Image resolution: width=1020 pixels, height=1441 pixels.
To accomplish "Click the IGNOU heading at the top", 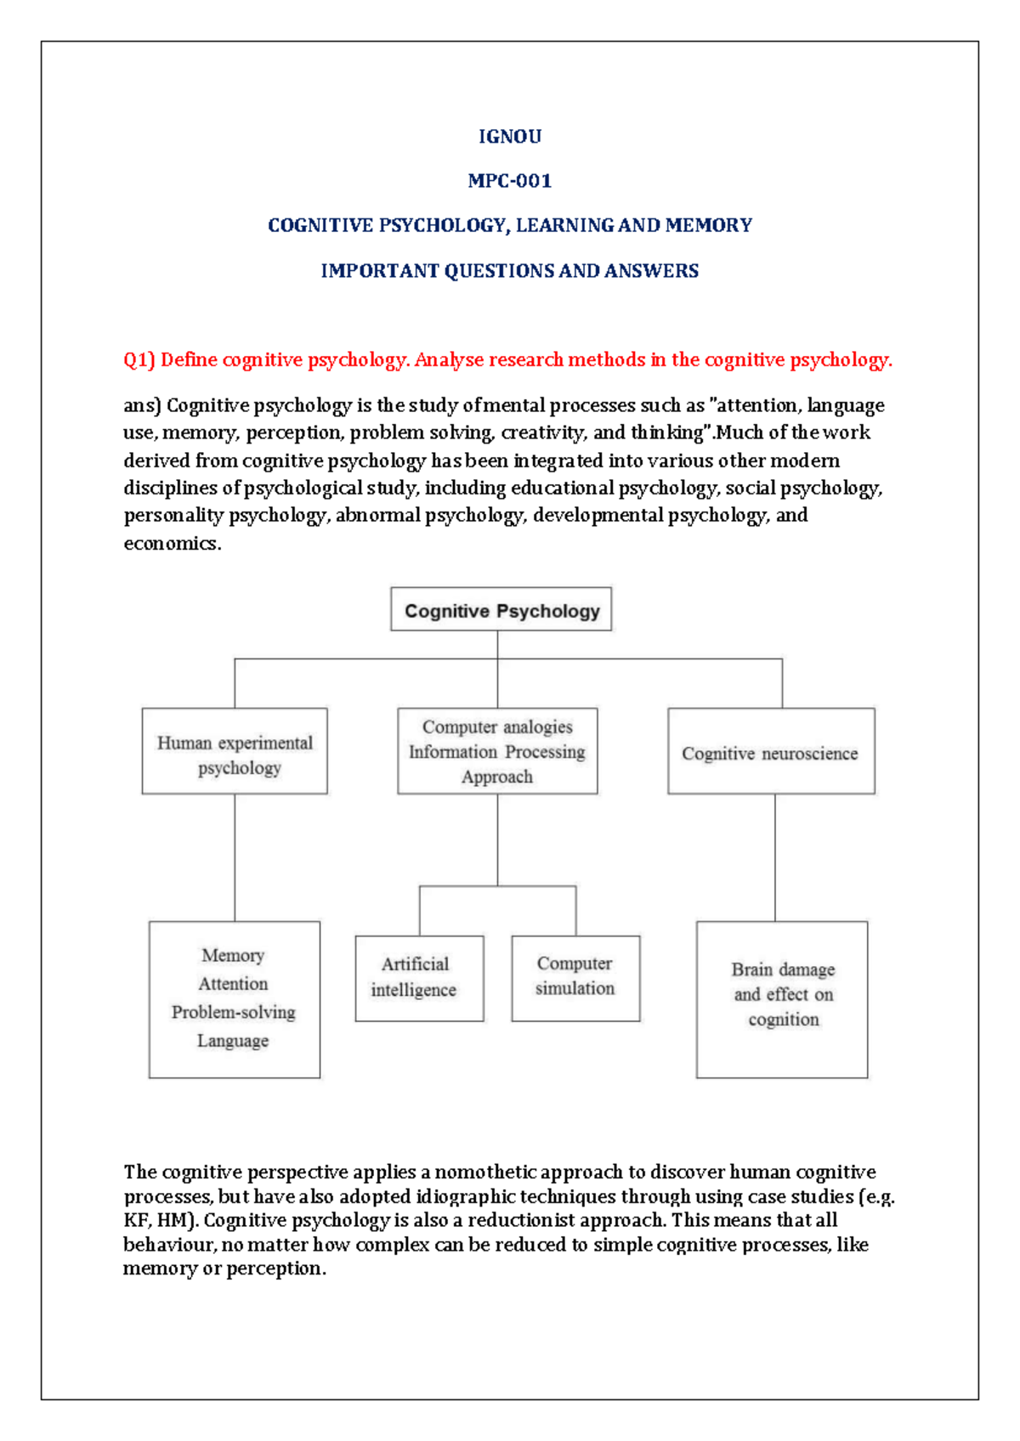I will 509,136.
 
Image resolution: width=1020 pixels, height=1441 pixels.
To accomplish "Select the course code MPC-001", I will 509,180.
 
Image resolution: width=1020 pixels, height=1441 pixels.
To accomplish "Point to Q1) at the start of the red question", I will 139,359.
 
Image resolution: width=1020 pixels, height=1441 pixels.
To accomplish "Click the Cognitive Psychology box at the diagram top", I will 501,610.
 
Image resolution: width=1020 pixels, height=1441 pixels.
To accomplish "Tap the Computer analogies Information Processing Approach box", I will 497,752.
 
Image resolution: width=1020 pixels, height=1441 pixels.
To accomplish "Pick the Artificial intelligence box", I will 419,978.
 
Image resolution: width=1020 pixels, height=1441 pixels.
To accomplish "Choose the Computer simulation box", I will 575,977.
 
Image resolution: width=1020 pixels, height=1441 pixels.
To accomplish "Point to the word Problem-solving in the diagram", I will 234,1012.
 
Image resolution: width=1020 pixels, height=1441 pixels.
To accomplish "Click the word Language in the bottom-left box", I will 233,1041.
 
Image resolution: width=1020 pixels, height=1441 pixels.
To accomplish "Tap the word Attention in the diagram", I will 233,984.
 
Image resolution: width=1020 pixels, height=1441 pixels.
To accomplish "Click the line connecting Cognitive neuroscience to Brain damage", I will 775,858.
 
